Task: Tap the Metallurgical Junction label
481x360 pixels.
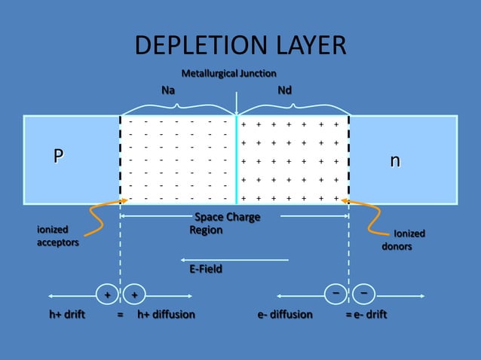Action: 228,73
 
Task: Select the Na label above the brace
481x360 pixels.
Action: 169,90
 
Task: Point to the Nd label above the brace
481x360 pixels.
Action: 285,90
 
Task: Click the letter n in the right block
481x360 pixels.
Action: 394,161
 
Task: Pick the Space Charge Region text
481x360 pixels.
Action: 226,223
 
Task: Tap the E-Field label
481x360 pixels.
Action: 206,268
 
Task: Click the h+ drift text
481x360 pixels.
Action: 67,314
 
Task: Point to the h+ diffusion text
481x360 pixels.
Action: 166,314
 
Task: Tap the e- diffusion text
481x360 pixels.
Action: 284,314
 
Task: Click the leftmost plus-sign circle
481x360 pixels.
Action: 107,294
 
